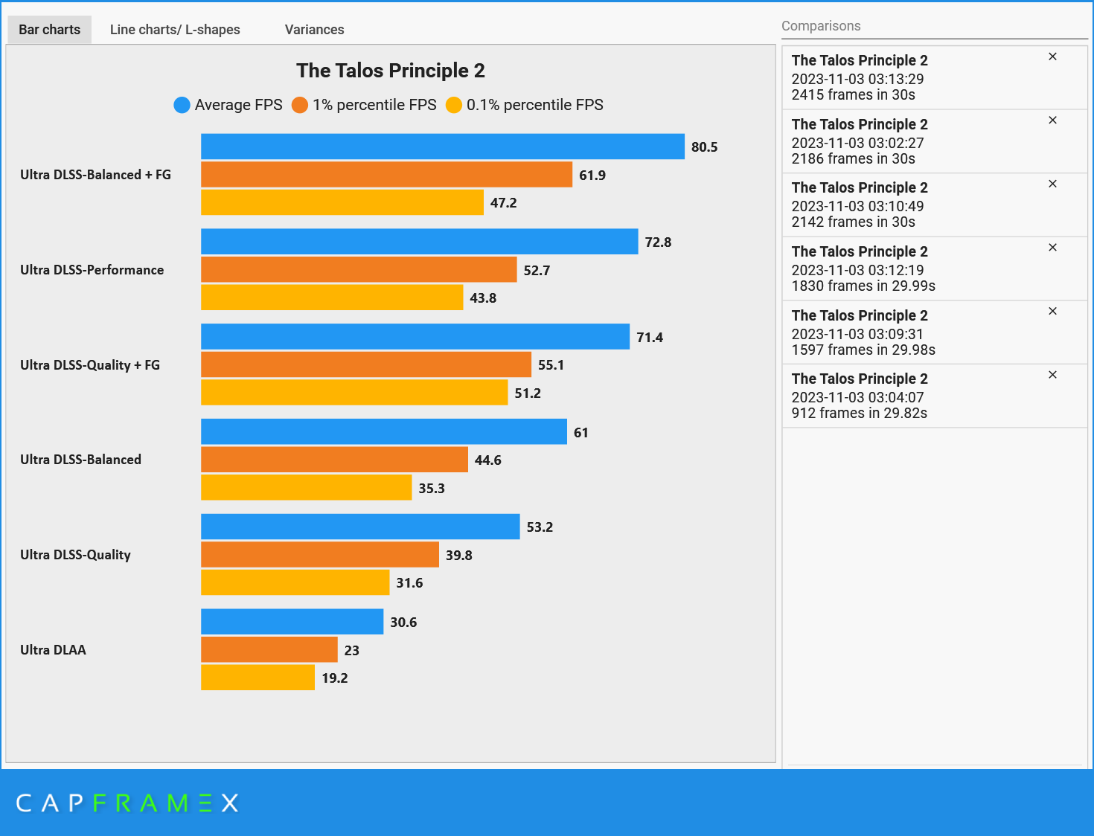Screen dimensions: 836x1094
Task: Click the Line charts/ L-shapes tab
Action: click(175, 30)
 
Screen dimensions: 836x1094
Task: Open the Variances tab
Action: click(314, 30)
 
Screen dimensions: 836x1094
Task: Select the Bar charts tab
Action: click(49, 30)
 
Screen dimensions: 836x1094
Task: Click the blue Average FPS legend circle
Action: click(182, 105)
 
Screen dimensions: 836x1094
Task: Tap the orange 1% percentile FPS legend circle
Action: click(300, 105)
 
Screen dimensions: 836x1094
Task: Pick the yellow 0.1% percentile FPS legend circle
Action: click(454, 105)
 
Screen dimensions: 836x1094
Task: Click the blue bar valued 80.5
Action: click(442, 147)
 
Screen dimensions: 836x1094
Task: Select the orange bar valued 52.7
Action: click(358, 269)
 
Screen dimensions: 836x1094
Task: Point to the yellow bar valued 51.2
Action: click(354, 393)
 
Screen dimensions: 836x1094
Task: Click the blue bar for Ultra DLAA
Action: click(292, 622)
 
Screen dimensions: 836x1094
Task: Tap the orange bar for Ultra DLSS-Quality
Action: click(319, 555)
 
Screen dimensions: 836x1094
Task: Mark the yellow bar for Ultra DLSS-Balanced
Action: click(306, 488)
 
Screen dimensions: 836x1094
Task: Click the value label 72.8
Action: click(658, 242)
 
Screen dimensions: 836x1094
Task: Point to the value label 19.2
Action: click(335, 678)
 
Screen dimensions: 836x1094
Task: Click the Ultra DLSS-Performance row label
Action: click(92, 270)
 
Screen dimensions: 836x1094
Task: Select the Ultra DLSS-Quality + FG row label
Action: click(90, 365)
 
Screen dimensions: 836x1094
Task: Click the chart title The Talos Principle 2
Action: click(390, 71)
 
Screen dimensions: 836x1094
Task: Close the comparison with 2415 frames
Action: click(1052, 57)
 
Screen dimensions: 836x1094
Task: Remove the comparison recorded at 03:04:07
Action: click(1052, 375)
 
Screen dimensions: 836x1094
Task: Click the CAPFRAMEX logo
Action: click(127, 803)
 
